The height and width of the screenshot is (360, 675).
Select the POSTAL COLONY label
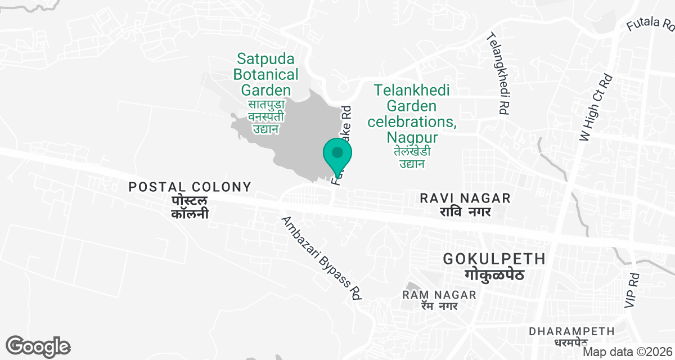pyautogui.click(x=190, y=187)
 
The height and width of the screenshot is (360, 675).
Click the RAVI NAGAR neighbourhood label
pyautogui.click(x=466, y=198)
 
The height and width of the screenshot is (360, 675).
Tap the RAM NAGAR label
pyautogui.click(x=440, y=295)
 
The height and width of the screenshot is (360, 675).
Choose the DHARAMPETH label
pyautogui.click(x=571, y=331)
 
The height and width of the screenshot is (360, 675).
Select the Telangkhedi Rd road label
pyautogui.click(x=499, y=73)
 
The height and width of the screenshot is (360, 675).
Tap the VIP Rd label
pyautogui.click(x=633, y=290)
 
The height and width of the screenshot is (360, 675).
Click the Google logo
pyautogui.click(x=38, y=346)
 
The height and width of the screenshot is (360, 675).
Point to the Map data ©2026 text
pyautogui.click(x=627, y=352)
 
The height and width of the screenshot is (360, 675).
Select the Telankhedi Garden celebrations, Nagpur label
pyautogui.click(x=412, y=113)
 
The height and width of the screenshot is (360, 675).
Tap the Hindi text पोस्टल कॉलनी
pyautogui.click(x=190, y=207)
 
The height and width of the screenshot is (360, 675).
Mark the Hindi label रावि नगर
pyautogui.click(x=466, y=212)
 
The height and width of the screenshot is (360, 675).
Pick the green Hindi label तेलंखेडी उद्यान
pyautogui.click(x=412, y=157)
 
